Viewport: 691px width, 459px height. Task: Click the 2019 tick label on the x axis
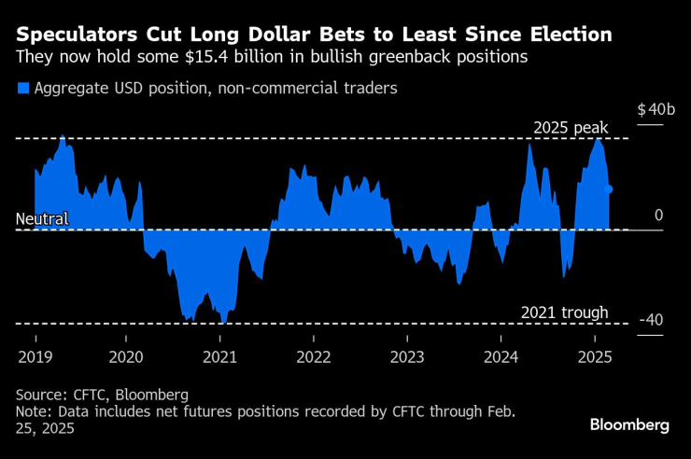35,356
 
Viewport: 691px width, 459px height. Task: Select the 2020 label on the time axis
127,356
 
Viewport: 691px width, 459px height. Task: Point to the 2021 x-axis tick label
220,356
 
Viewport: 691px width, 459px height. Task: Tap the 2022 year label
314,356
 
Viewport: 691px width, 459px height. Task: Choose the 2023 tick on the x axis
407,356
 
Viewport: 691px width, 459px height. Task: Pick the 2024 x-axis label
501,356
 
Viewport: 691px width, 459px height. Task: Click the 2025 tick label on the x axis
595,356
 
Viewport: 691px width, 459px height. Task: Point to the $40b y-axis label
656,110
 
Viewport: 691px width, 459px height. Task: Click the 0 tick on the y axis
658,216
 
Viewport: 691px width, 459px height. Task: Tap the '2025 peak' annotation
571,127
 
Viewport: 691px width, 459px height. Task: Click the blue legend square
22,90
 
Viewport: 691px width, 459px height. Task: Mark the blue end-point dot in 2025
609,189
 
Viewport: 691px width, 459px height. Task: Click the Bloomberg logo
629,424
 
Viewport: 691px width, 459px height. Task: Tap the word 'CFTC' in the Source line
86,394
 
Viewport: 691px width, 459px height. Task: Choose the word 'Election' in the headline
567,35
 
